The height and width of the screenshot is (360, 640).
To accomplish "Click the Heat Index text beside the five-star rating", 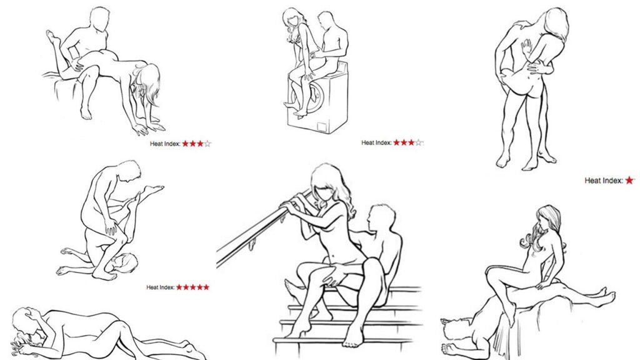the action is point(161,287).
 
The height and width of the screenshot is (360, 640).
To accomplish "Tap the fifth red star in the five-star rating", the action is point(206,287).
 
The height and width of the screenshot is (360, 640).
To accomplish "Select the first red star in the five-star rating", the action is point(179,287).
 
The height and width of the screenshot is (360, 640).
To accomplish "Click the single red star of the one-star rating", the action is point(630,180).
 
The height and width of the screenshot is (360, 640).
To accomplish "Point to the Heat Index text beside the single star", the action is point(604,181).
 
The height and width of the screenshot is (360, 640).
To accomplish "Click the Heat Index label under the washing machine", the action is point(376,143).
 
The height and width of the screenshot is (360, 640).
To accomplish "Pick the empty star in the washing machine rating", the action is point(419,143).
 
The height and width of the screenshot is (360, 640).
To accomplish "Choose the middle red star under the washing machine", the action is point(404,142).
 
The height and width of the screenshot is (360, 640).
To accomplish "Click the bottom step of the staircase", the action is point(347,339).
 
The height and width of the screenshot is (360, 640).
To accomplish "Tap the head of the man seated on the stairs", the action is point(381,218).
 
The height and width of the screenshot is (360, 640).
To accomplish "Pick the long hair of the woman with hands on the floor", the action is point(147,84).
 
